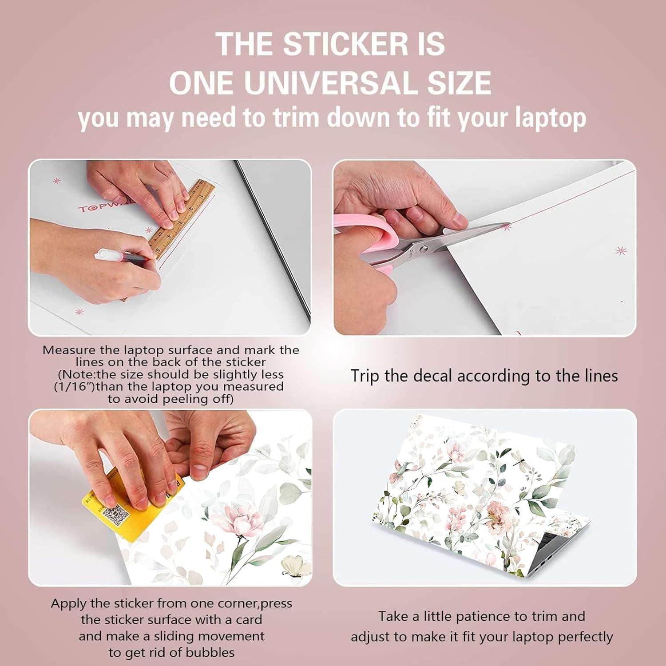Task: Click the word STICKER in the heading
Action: point(345,44)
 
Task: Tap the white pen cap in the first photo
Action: point(103,254)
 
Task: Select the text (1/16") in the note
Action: point(74,387)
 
